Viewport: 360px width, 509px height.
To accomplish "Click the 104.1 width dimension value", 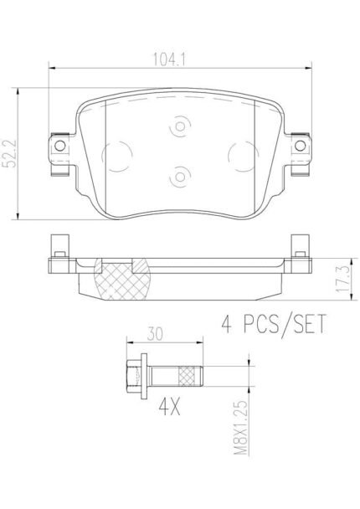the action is coord(169,59).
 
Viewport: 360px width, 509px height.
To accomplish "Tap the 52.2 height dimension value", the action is coord(10,154).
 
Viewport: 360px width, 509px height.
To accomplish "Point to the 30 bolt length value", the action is coord(155,334).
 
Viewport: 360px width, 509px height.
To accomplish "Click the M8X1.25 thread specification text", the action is coord(240,428).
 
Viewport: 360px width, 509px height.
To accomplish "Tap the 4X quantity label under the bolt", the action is coord(169,408).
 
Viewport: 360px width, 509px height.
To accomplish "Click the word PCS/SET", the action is coord(285,324).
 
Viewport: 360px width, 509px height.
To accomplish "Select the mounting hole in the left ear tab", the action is coord(60,146).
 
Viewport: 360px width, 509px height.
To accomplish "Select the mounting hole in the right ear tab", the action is coord(300,146).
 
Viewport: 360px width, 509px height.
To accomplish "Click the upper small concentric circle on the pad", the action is coord(180,126).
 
